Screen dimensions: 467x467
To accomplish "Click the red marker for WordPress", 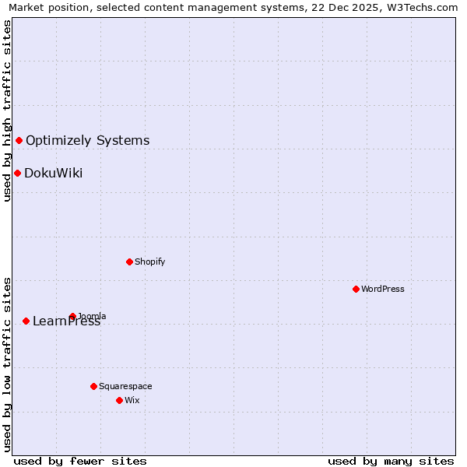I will (356, 289).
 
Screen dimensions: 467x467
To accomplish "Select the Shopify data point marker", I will (129, 262).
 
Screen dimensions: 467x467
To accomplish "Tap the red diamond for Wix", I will (119, 400).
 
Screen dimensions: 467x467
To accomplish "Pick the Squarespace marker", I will (93, 386).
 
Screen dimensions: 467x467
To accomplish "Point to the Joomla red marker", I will (72, 316).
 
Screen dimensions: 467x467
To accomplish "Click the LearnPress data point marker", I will (26, 321).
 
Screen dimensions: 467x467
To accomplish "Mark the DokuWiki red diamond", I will (17, 173).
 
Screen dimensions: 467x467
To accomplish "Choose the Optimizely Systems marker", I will (19, 140).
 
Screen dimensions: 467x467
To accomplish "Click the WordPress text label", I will (383, 289).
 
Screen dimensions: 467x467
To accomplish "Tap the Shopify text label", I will (150, 262).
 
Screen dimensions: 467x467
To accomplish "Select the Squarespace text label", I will (125, 386).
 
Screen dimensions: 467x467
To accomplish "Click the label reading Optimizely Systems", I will (88, 141).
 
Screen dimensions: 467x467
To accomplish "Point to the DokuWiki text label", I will (54, 174).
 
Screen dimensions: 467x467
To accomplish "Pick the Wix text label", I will (132, 400).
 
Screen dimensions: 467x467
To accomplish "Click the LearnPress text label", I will (67, 321).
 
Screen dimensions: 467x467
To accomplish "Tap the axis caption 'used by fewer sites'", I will (80, 461).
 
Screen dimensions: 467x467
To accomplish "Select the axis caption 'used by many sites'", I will (391, 461).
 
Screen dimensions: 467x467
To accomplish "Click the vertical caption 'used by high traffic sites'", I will (8, 111).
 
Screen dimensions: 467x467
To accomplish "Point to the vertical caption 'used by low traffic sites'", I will (8, 363).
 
